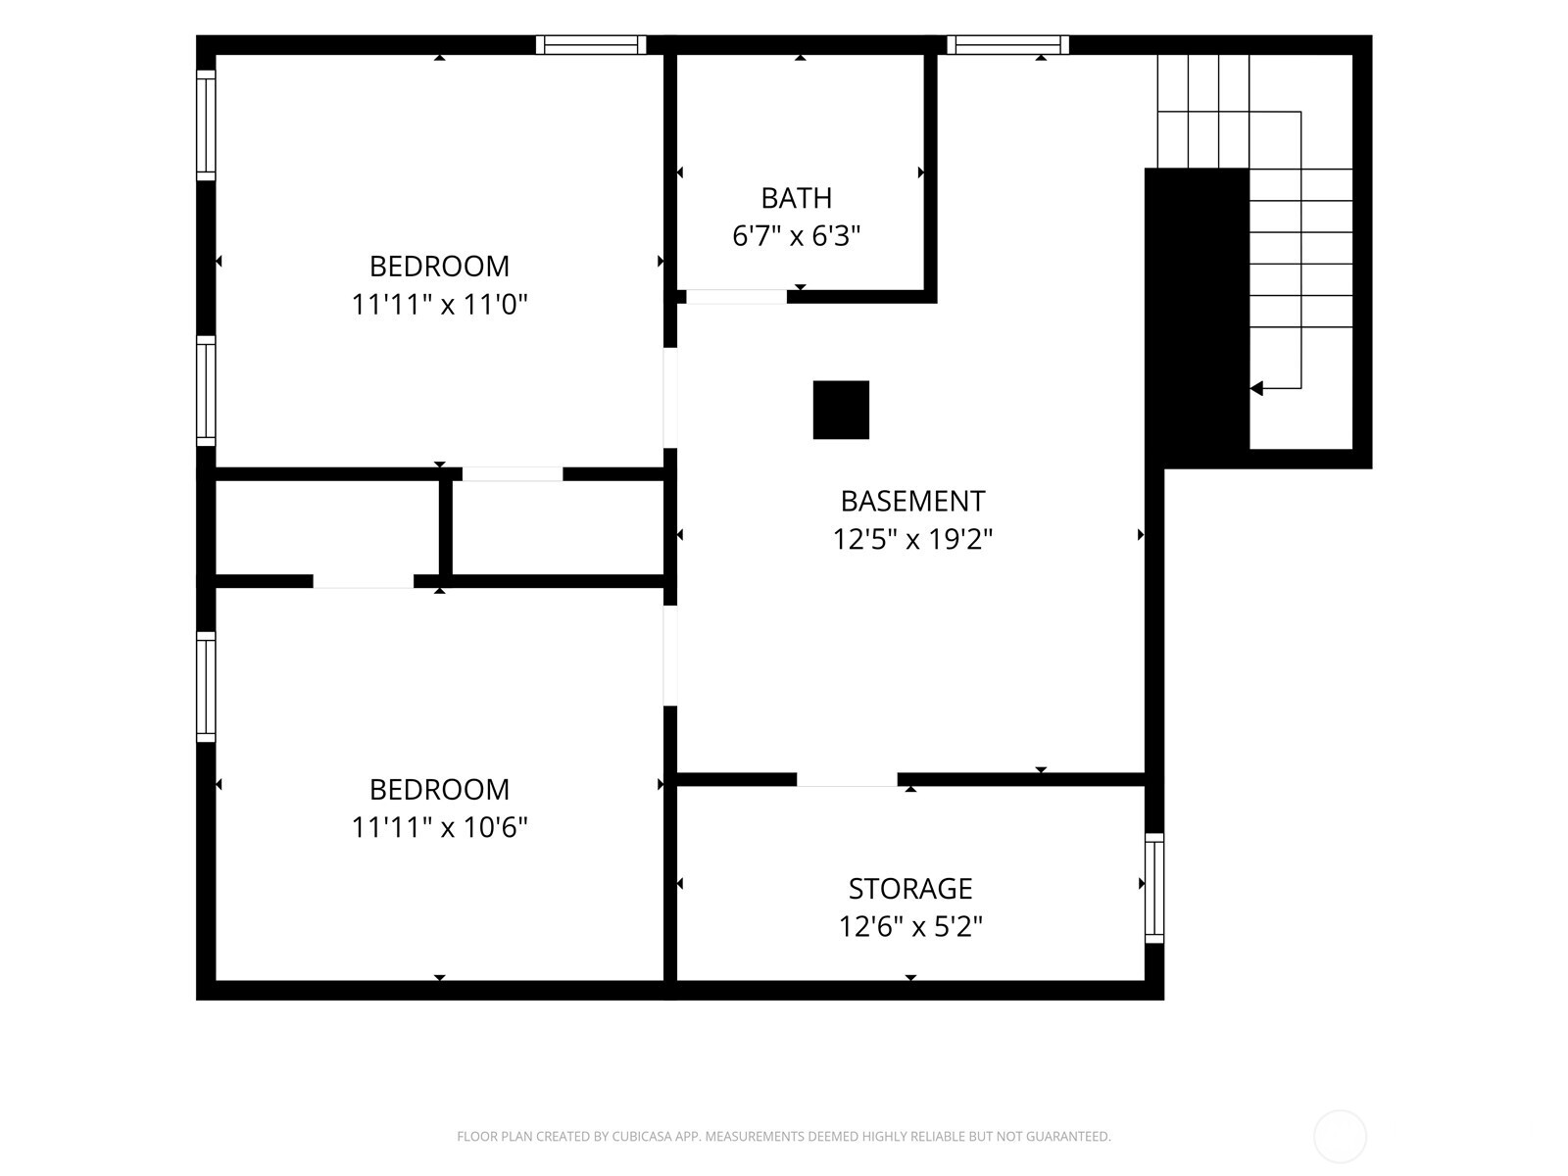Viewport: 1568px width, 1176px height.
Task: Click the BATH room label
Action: [x=796, y=198]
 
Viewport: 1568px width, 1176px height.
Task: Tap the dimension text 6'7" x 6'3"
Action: [x=796, y=235]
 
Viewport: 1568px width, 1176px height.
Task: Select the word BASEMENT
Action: [x=912, y=501]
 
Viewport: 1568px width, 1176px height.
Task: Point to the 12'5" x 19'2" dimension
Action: [x=912, y=539]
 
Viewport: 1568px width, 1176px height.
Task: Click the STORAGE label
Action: [x=910, y=889]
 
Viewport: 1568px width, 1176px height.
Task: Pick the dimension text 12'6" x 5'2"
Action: [x=910, y=927]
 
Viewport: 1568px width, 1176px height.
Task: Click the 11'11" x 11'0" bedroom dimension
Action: [x=439, y=304]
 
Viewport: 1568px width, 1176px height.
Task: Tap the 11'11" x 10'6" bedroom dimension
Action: [x=439, y=827]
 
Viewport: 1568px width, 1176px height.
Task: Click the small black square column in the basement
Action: [x=841, y=410]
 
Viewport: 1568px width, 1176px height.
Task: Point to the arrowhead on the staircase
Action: [x=1256, y=388]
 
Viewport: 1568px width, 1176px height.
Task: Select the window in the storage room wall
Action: [x=1154, y=888]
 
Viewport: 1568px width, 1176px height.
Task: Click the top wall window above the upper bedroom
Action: [x=591, y=45]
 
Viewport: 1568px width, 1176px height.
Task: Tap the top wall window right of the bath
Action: [x=1008, y=45]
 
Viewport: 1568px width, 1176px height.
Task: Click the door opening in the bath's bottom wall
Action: [x=737, y=297]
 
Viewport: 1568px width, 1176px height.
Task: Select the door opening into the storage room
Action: [x=848, y=780]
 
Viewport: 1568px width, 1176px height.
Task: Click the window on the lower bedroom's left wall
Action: [x=206, y=687]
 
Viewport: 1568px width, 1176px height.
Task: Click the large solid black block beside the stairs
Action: [x=1197, y=318]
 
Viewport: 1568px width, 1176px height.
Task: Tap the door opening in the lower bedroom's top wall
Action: [x=363, y=581]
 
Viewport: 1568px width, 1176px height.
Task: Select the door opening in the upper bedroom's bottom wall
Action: [x=513, y=474]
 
